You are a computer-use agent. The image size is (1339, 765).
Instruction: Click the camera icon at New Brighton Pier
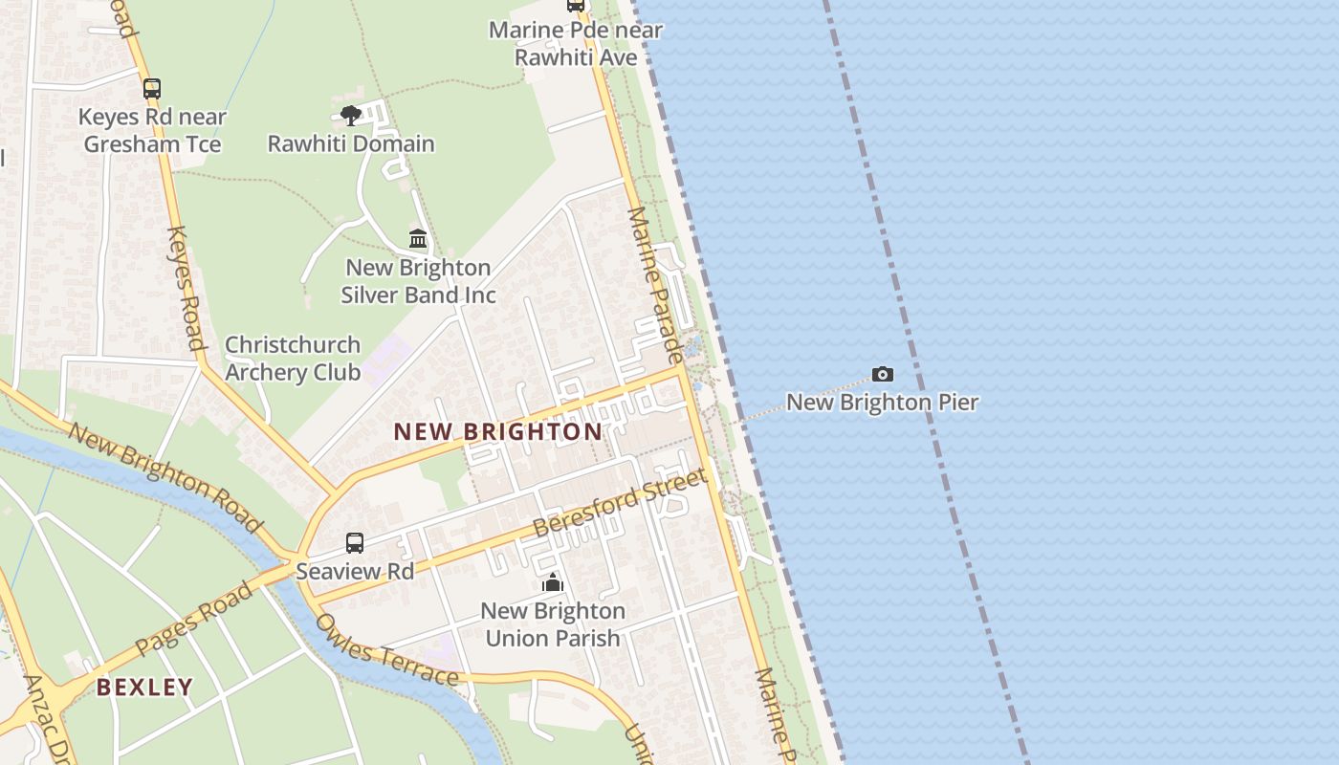[x=882, y=374]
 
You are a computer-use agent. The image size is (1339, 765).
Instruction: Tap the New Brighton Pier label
[x=882, y=402]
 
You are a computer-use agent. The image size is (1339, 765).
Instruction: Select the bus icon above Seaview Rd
[x=355, y=543]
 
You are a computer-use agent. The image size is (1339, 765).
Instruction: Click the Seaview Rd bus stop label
[x=355, y=571]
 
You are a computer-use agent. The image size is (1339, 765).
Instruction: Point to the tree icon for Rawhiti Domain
[x=351, y=116]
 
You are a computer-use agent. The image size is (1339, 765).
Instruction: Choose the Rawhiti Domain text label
[x=351, y=143]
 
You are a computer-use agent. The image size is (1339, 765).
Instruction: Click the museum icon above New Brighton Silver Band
[x=418, y=238]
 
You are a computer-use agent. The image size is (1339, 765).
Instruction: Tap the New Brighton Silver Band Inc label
[x=418, y=281]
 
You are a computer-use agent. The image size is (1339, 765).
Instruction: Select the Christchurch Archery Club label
[x=293, y=359]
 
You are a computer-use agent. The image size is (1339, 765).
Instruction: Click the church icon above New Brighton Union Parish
[x=553, y=582]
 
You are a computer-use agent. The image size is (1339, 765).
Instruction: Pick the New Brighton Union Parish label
[x=553, y=623]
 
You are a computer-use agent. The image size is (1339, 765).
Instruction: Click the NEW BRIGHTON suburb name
[x=498, y=431]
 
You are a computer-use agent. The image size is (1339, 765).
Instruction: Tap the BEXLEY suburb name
[x=144, y=687]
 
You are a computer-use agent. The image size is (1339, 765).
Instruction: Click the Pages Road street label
[x=194, y=618]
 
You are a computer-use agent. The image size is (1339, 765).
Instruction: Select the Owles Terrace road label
[x=386, y=651]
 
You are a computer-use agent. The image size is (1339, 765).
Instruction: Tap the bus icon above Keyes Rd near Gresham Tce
[x=152, y=89]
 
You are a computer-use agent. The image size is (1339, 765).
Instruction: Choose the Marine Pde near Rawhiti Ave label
[x=576, y=43]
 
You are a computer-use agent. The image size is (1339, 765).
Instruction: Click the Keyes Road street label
[x=186, y=287]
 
